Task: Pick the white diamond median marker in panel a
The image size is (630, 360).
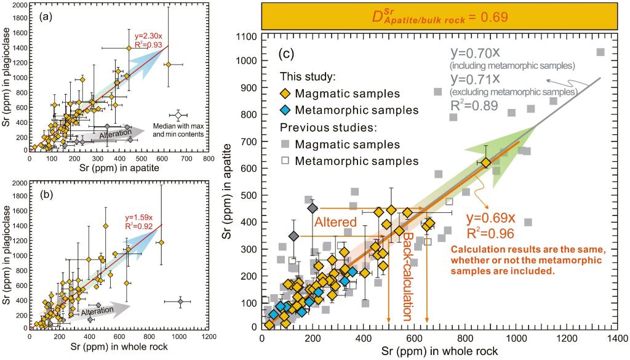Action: tap(178, 116)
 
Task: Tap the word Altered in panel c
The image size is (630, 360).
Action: tap(336, 222)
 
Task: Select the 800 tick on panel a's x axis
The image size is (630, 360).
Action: tap(209, 158)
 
